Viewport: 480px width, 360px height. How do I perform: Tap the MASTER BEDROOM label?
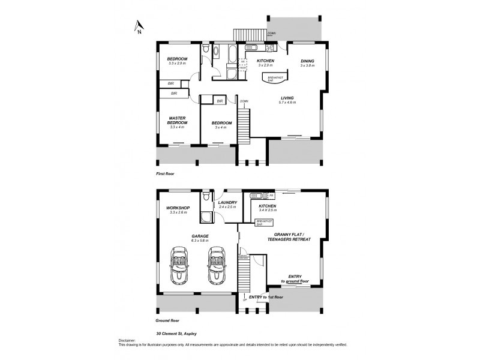click(x=177, y=120)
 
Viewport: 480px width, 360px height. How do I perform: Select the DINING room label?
click(x=307, y=61)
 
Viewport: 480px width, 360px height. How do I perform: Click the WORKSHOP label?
click(x=178, y=208)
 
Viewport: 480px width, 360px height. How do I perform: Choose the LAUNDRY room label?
click(x=228, y=202)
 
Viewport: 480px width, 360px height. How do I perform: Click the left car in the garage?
click(x=178, y=266)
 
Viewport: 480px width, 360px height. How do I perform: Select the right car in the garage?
click(x=216, y=266)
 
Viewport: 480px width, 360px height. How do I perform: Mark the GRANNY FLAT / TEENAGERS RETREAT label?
click(x=292, y=236)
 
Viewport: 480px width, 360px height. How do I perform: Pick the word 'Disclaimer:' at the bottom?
click(x=127, y=340)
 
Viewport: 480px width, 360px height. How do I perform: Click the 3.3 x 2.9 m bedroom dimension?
click(x=178, y=63)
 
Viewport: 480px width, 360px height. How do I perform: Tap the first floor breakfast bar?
click(x=277, y=79)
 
